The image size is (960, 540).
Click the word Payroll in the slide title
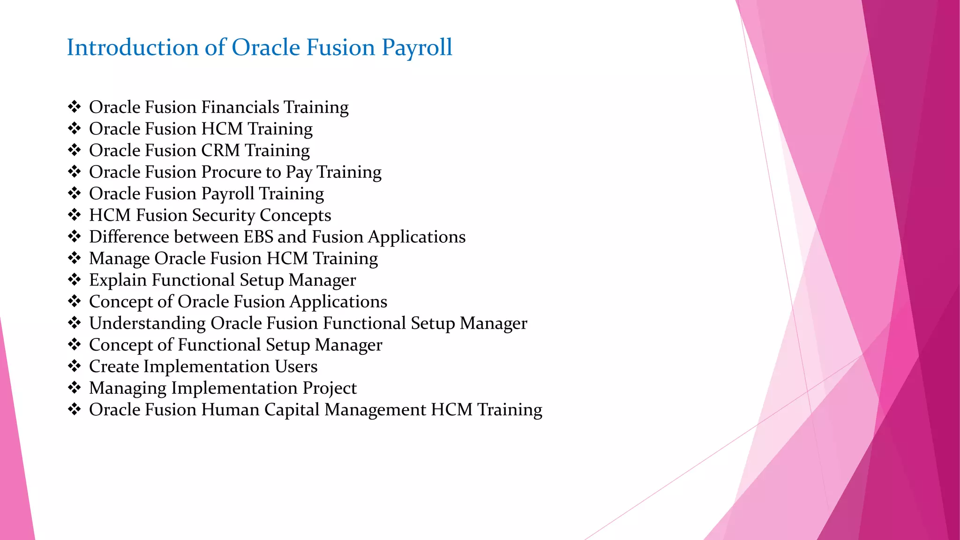[x=417, y=48]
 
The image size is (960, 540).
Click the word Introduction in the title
[x=133, y=48]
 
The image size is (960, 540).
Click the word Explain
[x=118, y=280]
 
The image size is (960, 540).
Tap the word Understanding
[x=147, y=323]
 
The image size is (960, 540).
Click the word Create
[x=114, y=367]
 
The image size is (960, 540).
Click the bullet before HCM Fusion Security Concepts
[x=75, y=215]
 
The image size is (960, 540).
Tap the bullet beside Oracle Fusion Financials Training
[x=75, y=107]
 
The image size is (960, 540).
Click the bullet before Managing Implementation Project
[x=75, y=388]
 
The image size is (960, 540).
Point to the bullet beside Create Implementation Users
[x=75, y=367]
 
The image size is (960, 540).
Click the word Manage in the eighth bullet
[x=119, y=259]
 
